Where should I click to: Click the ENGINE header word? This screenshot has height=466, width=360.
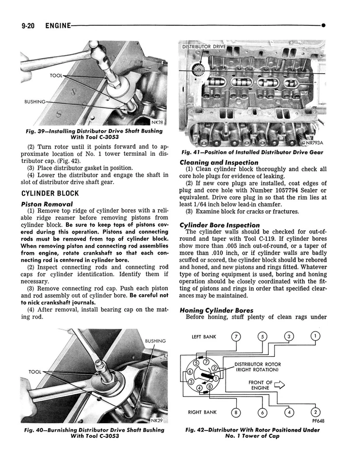click(x=58, y=25)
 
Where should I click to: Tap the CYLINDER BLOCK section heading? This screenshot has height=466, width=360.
click(x=50, y=194)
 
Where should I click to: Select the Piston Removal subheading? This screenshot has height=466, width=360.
click(x=47, y=204)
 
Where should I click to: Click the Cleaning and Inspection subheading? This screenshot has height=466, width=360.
click(x=219, y=162)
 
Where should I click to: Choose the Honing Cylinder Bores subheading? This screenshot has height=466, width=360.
click(x=216, y=310)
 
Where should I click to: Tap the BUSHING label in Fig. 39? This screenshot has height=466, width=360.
click(x=35, y=102)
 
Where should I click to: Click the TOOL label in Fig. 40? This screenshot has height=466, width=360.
click(x=35, y=372)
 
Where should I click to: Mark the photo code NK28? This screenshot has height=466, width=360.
click(x=157, y=122)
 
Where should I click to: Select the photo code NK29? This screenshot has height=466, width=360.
click(x=156, y=420)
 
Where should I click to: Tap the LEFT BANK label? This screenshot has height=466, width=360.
click(x=204, y=336)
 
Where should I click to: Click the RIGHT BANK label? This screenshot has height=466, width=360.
click(x=202, y=413)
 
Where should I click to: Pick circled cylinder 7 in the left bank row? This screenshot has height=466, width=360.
click(x=236, y=337)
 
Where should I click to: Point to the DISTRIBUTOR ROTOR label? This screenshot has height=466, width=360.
click(x=258, y=364)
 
